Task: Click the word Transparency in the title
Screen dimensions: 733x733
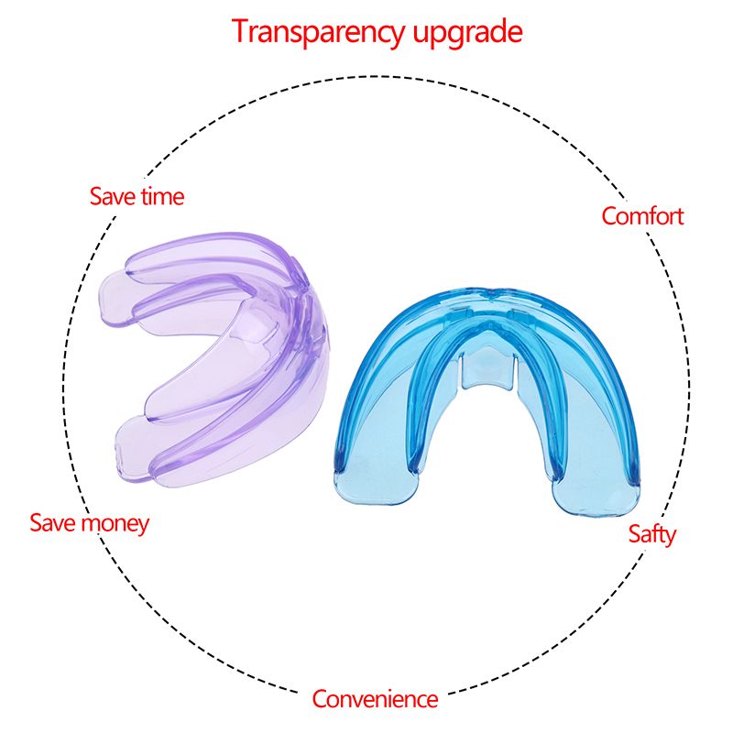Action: (318, 33)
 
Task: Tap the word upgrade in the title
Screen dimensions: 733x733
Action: (467, 33)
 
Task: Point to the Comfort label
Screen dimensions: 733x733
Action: (642, 216)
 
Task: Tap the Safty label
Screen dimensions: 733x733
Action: (652, 534)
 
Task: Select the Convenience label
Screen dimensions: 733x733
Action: (375, 699)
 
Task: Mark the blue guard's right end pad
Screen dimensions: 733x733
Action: (596, 498)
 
